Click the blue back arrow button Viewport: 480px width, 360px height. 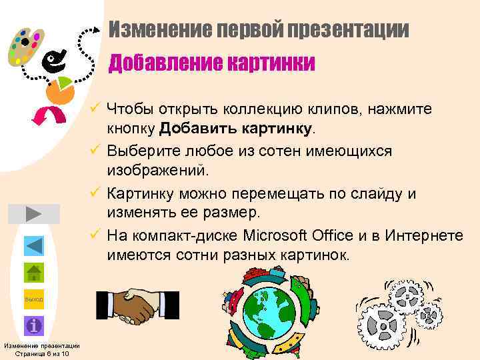[33, 245]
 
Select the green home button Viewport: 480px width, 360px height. [33, 273]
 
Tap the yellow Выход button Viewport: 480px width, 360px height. [33, 299]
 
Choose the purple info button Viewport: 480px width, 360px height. [33, 326]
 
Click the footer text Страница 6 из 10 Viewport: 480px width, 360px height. [41, 353]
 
